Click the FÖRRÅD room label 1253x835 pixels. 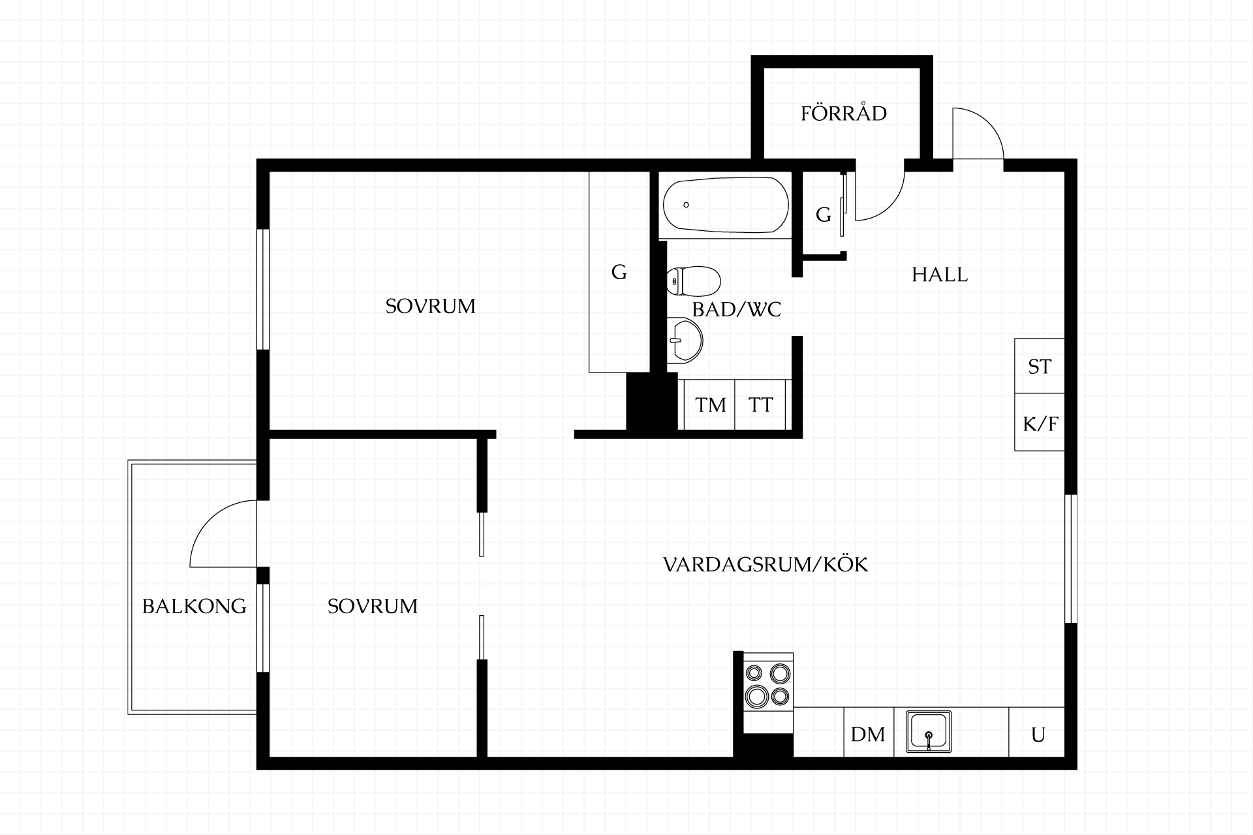pos(844,113)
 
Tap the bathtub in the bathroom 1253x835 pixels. pos(725,205)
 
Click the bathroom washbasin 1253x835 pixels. pos(685,339)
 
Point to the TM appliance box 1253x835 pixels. pos(710,404)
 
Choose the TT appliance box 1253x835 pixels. pos(760,404)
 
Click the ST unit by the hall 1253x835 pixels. pos(1040,366)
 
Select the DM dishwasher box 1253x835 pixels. pos(868,733)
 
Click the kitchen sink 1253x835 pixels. pos(928,732)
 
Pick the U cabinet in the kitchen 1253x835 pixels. pos(1038,733)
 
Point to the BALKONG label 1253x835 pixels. pos(194,606)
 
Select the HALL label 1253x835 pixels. pos(940,275)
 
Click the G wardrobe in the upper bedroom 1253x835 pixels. pos(619,271)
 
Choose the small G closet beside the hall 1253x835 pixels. pos(824,214)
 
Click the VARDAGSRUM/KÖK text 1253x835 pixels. pos(766,564)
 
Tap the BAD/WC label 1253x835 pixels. pos(737,309)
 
